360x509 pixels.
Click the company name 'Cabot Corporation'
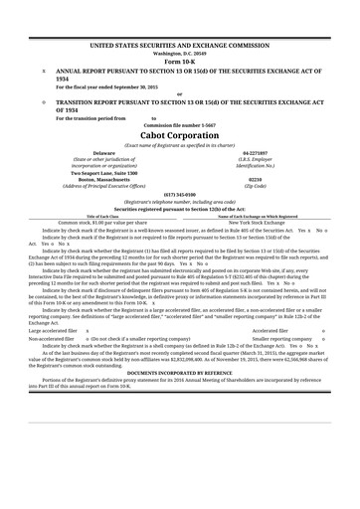(179, 134)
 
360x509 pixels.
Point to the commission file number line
(179, 123)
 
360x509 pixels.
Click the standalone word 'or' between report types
(179, 94)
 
